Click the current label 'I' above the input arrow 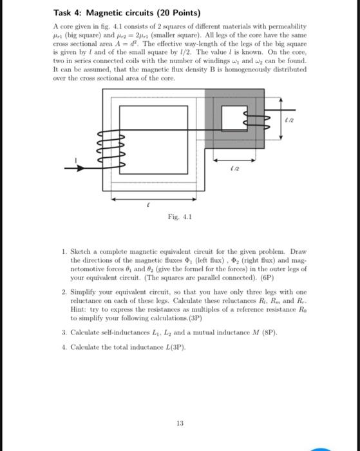[77, 160]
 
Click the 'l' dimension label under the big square [149, 202]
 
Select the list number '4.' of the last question [66, 347]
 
